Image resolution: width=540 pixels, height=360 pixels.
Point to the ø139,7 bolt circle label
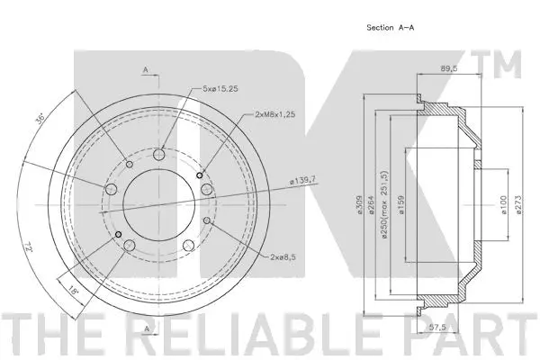(302, 179)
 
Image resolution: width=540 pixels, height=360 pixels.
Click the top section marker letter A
(144, 69)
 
